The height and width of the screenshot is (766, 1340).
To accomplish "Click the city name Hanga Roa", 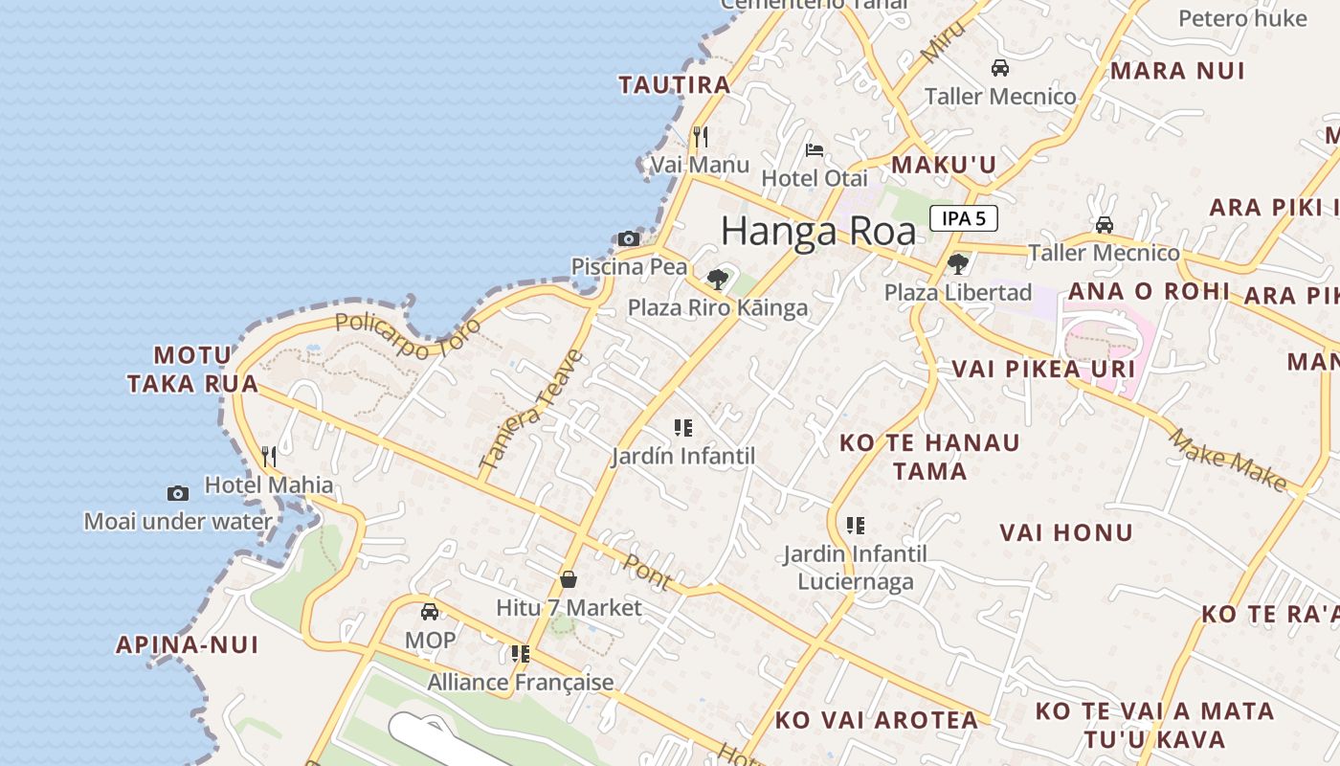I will click(817, 231).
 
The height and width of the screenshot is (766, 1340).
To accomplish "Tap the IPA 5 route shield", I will click(963, 218).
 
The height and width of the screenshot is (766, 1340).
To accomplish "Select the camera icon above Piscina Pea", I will click(629, 238).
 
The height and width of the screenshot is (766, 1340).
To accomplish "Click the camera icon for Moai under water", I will click(178, 493).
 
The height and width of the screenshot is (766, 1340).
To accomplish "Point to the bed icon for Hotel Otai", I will click(815, 149).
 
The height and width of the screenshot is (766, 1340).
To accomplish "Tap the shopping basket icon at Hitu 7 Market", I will click(569, 579).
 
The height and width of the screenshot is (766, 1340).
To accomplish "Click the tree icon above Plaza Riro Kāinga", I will click(717, 280).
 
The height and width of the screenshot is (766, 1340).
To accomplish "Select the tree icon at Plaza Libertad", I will click(957, 264).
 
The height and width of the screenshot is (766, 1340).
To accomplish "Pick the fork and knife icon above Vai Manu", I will click(701, 137).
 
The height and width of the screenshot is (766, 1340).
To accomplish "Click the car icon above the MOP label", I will click(430, 611).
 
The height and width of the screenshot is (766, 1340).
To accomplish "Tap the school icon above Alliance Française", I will click(521, 654).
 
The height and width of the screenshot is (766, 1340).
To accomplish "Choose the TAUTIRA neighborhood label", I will click(675, 84).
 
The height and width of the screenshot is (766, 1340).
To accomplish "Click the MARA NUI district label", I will click(1177, 71).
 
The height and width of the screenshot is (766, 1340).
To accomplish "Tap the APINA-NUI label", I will click(188, 644).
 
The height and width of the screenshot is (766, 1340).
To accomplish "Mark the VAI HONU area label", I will click(1066, 532).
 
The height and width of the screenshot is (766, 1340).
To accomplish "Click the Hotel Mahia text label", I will click(269, 484).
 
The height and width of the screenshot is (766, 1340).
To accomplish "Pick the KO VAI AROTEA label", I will click(877, 720).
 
